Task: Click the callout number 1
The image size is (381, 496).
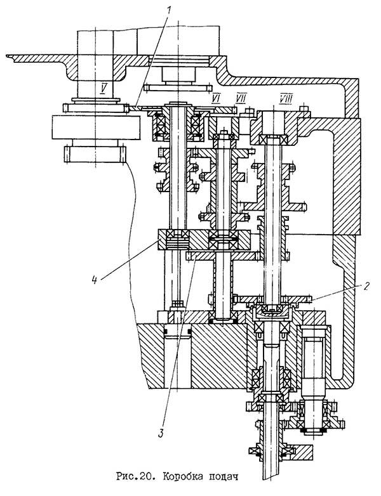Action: click(x=168, y=11)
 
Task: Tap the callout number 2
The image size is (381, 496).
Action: click(x=366, y=286)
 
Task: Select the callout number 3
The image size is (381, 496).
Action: click(x=161, y=433)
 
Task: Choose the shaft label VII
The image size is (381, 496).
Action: click(x=241, y=98)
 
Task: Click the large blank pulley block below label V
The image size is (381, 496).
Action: click(x=96, y=127)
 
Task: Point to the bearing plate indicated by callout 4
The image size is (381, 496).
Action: click(x=204, y=240)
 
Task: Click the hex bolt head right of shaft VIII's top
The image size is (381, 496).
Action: click(x=305, y=112)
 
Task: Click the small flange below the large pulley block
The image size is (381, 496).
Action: click(x=95, y=154)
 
